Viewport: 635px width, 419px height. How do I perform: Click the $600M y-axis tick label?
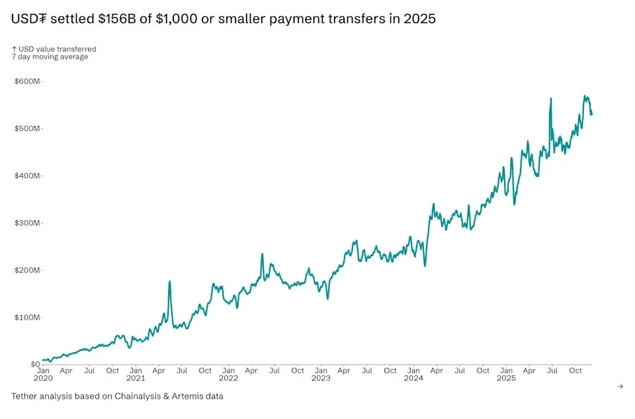click(27, 81)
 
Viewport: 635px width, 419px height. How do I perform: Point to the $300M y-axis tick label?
click(27, 223)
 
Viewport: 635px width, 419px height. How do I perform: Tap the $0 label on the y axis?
click(34, 365)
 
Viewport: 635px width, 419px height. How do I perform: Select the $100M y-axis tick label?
click(27, 318)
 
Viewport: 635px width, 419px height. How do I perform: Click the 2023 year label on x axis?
click(321, 379)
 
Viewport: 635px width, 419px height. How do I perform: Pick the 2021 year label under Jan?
click(136, 379)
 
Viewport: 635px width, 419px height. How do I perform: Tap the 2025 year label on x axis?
click(506, 379)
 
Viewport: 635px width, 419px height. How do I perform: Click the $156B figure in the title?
click(118, 19)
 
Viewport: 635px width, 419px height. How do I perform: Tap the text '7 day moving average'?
click(50, 57)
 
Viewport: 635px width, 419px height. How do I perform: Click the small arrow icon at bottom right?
click(620, 387)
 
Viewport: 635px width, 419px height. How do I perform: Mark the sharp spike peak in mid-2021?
click(169, 281)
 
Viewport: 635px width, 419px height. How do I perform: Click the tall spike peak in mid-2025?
click(551, 99)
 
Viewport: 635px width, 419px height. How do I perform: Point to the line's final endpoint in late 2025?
click(591, 114)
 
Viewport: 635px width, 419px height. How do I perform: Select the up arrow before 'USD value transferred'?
click(14, 49)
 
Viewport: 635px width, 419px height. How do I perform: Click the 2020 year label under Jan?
click(43, 379)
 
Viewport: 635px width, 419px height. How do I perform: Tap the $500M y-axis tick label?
click(27, 128)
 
